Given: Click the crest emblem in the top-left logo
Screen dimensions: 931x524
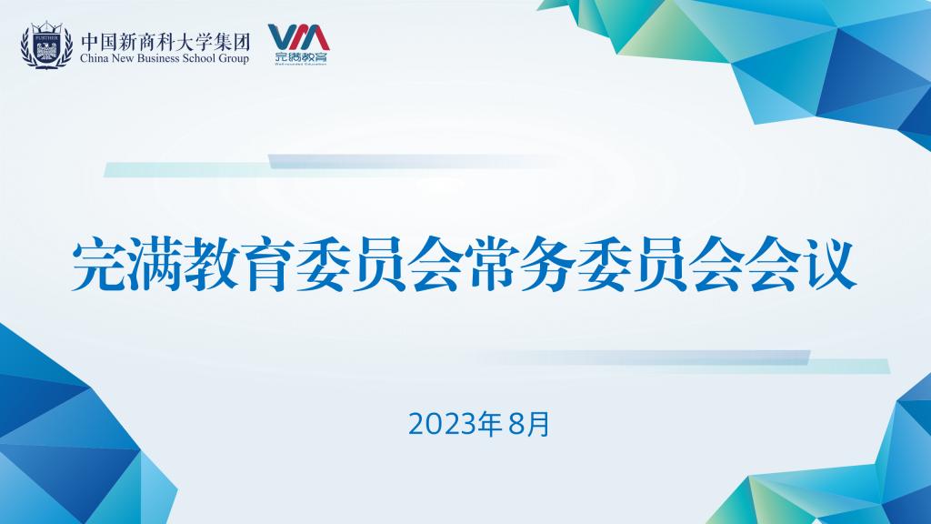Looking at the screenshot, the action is pyautogui.click(x=46, y=45).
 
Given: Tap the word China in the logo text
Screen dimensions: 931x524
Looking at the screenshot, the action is pyautogui.click(x=92, y=58).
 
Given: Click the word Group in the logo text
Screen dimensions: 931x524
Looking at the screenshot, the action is pyautogui.click(x=233, y=59).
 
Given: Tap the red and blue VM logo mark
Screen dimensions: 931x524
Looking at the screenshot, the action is pyautogui.click(x=299, y=37).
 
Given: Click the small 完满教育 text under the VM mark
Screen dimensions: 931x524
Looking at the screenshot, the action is pyautogui.click(x=301, y=57).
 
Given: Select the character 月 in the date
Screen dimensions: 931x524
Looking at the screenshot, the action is pyautogui.click(x=538, y=425).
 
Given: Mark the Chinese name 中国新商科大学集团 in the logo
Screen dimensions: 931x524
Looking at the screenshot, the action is pyautogui.click(x=165, y=42).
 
